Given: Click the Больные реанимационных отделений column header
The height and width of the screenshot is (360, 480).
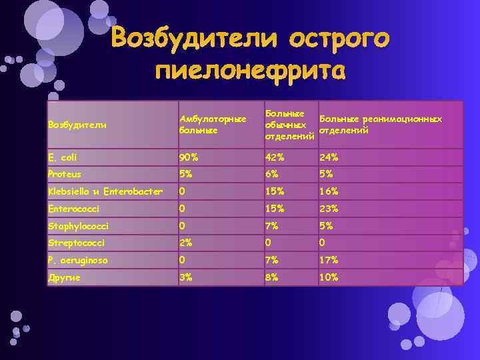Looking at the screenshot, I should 381,124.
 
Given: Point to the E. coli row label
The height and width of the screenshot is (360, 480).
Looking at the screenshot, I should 63,157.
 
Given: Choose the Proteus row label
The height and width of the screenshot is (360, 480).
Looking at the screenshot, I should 64,174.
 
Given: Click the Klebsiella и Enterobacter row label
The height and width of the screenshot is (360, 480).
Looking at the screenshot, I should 96,191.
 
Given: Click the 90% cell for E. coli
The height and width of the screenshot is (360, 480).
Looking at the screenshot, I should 189,157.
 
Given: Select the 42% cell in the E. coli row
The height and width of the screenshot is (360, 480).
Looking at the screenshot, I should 275,157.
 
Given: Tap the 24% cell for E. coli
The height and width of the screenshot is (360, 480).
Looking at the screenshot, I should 329,157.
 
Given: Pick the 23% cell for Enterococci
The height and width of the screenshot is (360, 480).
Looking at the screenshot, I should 329,209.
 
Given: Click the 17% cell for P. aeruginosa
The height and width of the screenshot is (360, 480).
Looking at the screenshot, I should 329,260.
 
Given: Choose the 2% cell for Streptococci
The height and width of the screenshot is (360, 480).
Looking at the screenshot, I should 186,243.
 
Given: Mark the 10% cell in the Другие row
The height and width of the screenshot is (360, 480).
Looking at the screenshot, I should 329,277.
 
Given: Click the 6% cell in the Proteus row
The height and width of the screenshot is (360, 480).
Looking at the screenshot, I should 272,174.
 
